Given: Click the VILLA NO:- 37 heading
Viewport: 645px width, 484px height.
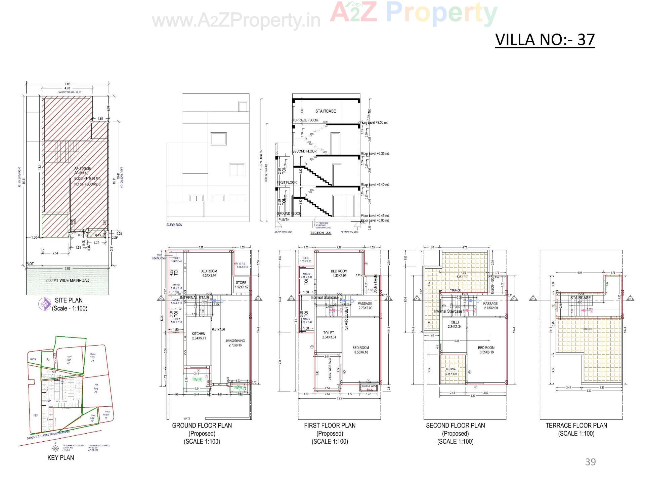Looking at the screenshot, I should [545, 40].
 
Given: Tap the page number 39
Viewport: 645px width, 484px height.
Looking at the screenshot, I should [590, 462].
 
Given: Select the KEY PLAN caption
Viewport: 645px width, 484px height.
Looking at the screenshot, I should [61, 457].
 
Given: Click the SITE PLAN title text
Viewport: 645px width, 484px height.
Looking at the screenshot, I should [69, 300].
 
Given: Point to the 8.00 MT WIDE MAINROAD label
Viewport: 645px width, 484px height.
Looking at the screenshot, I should [67, 280].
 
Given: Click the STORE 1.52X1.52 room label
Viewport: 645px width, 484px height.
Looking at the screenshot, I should [241, 285].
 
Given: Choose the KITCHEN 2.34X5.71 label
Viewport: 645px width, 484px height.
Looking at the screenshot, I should [199, 336].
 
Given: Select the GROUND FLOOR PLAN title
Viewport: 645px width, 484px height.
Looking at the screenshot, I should [202, 426].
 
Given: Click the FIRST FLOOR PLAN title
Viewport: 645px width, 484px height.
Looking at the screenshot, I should [330, 426].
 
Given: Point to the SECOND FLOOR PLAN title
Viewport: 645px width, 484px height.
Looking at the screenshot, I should [455, 426].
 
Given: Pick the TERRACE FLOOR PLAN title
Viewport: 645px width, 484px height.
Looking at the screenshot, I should [576, 426].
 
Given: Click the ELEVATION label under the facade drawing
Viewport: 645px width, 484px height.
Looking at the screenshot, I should [174, 225].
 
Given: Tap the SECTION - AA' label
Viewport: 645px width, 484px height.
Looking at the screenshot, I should [321, 233].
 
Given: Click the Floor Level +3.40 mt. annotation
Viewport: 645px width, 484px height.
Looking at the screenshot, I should [375, 185].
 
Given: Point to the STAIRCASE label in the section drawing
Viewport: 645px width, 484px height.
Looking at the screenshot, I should [325, 111].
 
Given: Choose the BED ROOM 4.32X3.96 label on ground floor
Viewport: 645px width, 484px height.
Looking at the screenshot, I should [209, 273].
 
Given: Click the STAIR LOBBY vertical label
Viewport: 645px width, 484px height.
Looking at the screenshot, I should [346, 318].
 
